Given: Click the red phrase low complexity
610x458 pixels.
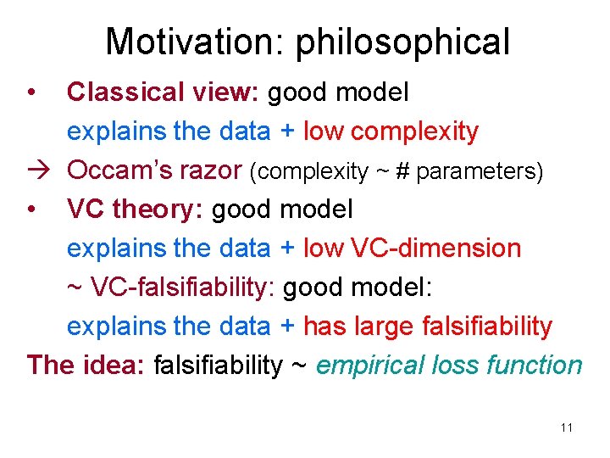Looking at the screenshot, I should coord(391,131).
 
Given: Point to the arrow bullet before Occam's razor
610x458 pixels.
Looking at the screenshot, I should coord(37,170).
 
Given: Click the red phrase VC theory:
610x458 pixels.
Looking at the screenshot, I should coord(136,209).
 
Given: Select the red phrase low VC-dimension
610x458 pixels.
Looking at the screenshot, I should coord(412,248).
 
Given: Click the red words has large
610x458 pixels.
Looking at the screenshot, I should coord(366,326).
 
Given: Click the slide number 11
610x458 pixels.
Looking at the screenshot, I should coord(566,427).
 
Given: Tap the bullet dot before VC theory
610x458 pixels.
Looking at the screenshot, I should coord(30,209).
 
